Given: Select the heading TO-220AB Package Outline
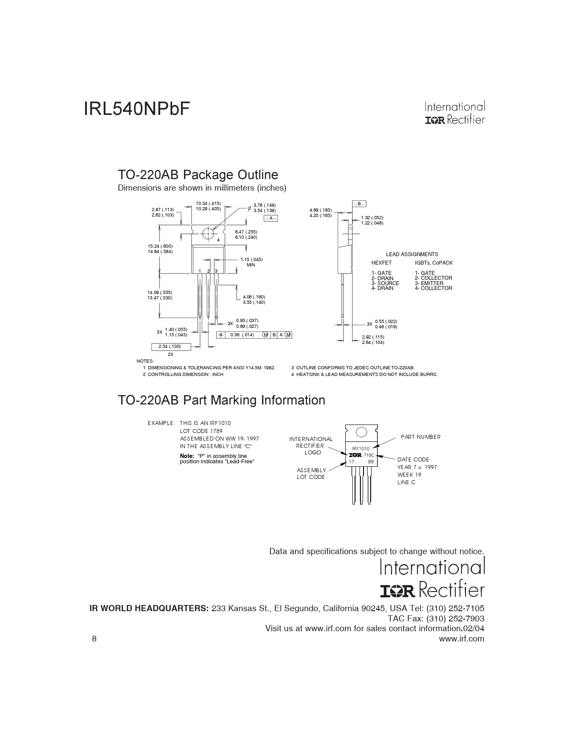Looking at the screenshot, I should [198, 175].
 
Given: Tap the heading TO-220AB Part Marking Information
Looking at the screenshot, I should [221, 400].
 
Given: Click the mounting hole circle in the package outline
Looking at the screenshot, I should [207, 233].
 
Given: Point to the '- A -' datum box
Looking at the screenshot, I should [271, 218].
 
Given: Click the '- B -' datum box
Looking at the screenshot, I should [360, 204].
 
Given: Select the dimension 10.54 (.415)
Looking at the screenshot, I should [208, 204].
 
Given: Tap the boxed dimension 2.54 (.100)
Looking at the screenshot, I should [170, 347].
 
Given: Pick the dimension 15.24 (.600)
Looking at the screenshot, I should [160, 246].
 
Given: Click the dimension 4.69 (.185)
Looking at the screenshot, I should [320, 210].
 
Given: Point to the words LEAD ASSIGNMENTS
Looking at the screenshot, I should [412, 254].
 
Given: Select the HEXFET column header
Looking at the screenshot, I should [381, 263].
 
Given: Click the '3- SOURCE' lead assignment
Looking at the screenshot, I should [385, 283].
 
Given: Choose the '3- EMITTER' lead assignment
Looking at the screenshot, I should [429, 283].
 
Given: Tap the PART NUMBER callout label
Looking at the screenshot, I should [421, 437].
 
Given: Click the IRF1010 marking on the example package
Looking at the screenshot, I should [360, 449].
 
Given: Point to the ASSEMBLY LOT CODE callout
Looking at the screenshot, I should [311, 474].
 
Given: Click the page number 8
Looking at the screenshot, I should [94, 639].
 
